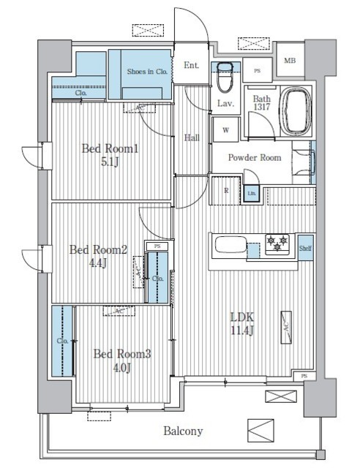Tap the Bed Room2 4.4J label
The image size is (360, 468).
(x=98, y=256)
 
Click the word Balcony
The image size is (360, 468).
(x=182, y=431)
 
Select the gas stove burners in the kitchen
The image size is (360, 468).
(x=277, y=244)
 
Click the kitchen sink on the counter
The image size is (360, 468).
(x=228, y=245)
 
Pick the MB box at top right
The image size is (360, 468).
(x=290, y=61)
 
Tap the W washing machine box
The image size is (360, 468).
(x=225, y=131)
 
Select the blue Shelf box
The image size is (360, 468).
(x=305, y=249)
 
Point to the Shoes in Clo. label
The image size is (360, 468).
(x=148, y=72)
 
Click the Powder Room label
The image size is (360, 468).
(x=254, y=158)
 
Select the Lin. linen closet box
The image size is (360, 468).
(x=251, y=194)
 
